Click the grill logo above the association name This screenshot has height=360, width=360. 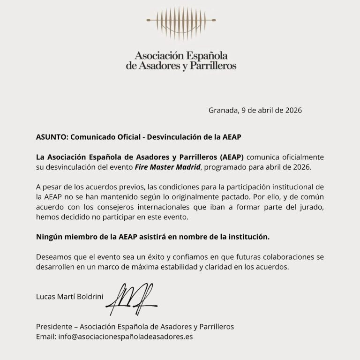click(181, 21)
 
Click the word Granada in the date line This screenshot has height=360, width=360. click(222, 111)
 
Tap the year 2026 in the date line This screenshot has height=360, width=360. click(292, 111)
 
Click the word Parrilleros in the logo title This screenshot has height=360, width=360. click(212, 66)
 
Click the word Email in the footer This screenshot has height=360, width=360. click(45, 336)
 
